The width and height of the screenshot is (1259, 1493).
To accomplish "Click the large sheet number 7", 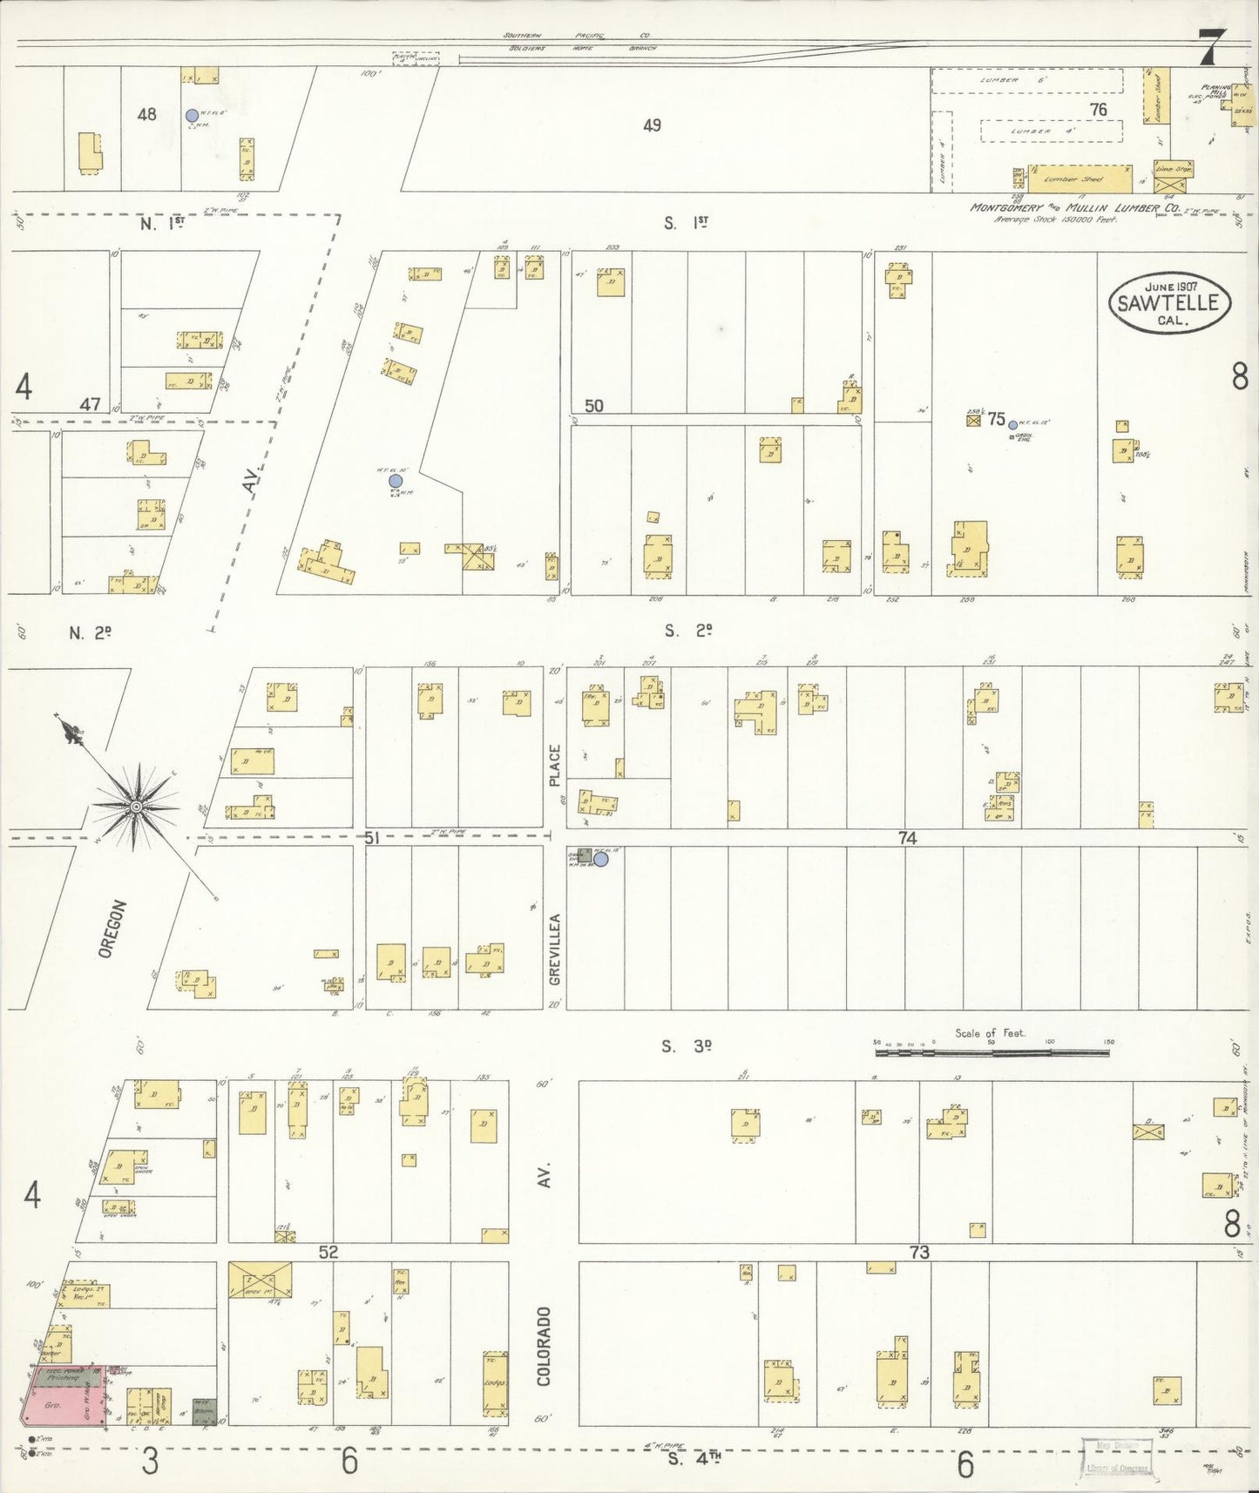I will coord(1212,48).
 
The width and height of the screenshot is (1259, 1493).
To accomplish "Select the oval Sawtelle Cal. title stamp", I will coord(1169,302).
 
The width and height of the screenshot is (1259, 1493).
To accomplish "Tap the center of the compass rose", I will coord(136,807).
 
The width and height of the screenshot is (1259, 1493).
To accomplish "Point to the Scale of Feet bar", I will coord(992,1052).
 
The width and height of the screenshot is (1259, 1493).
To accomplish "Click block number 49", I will coord(652,125).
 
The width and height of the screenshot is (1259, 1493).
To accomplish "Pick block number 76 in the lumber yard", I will coord(1098,110).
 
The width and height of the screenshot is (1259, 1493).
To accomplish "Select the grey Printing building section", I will coord(65,1378).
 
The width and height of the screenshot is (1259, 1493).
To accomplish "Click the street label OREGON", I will coord(108,929).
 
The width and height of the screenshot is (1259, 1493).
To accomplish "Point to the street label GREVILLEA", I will coord(555,949).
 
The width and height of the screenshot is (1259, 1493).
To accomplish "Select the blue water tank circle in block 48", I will coord(192,115).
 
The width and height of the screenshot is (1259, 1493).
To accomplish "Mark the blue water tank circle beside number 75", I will coord(1012,425).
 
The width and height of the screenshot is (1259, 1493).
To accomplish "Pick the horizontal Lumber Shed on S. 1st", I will coord(1080,179).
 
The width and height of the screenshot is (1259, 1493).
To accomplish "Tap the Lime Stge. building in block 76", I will coord(1172,168).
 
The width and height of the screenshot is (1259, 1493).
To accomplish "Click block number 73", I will coord(919,1253).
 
